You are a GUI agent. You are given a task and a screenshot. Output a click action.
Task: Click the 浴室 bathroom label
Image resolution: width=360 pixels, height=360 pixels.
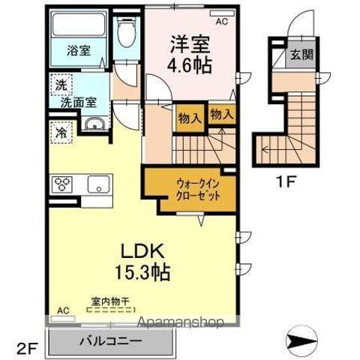tap(78, 50)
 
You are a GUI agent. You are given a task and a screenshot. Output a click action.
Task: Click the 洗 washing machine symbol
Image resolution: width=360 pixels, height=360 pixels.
tap(59, 85)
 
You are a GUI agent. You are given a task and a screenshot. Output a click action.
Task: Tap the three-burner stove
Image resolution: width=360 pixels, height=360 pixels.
tap(61, 184)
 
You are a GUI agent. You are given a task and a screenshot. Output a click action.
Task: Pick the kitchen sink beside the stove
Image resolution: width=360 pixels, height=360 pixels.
tap(97, 184)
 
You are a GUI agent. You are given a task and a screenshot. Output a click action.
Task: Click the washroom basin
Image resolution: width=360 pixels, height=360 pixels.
tap(93, 125)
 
